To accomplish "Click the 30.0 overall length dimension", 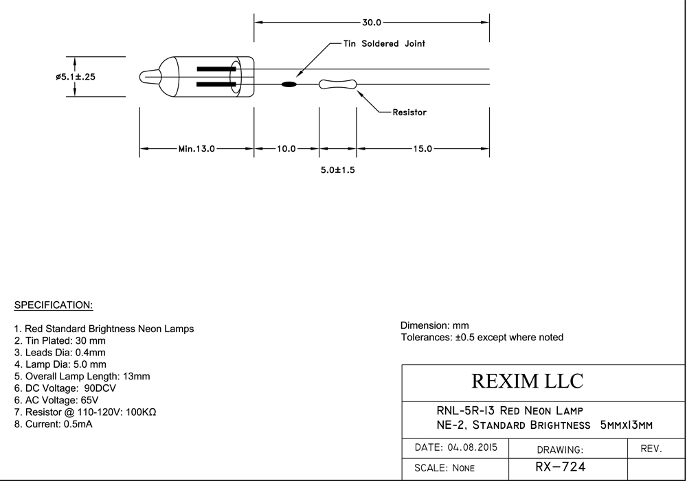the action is click(x=372, y=23).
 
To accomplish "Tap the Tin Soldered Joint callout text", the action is click(x=384, y=43).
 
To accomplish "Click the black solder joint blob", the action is click(x=289, y=84).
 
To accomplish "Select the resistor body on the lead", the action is click(x=337, y=84).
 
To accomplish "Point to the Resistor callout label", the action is click(x=409, y=113).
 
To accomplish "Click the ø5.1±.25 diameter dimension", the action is click(x=76, y=77).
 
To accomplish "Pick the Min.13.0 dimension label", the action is click(x=196, y=149).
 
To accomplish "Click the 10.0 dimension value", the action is click(x=286, y=149).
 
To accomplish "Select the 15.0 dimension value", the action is click(x=423, y=149).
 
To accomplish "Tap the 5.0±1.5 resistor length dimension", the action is click(x=337, y=169).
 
